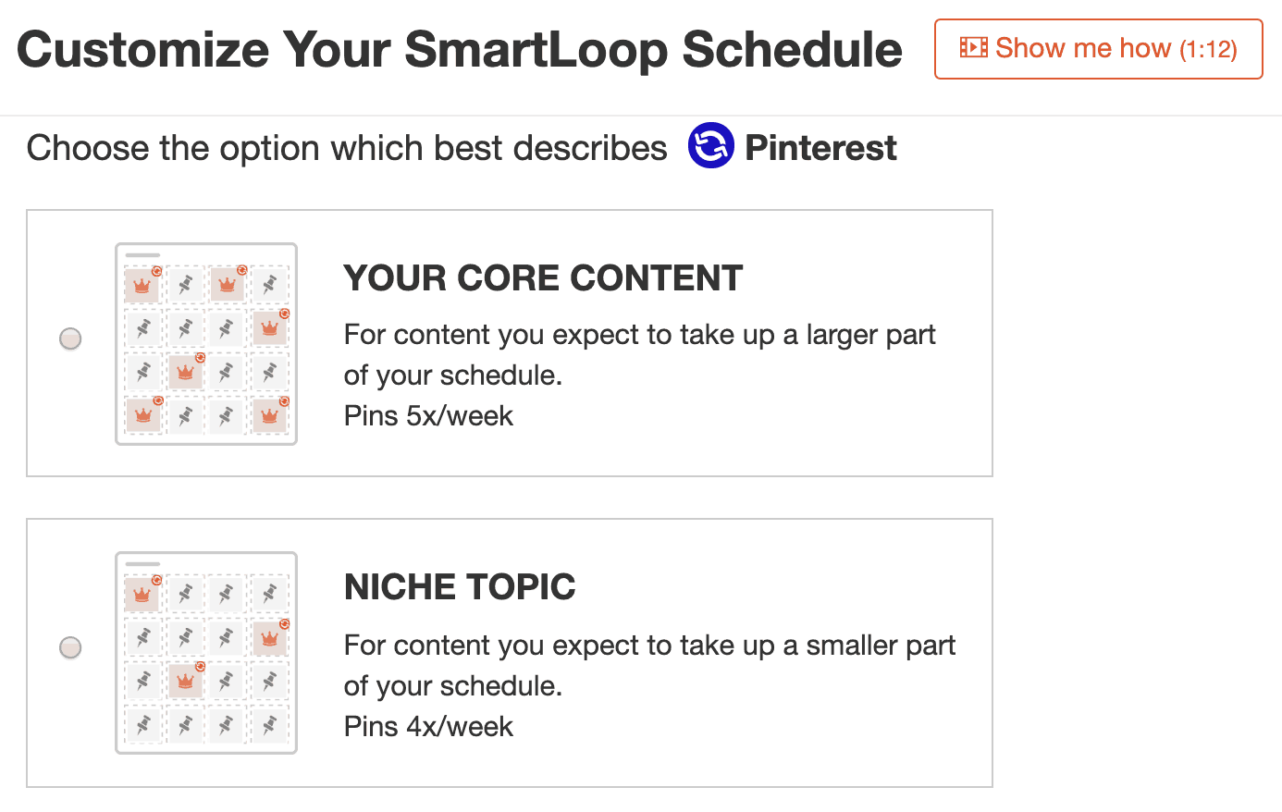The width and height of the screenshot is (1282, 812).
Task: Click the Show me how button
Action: tap(1098, 49)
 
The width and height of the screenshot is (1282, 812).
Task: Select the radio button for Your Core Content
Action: tap(70, 338)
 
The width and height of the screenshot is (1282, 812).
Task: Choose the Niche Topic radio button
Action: tap(70, 647)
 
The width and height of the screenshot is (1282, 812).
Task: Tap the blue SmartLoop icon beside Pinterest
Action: tap(710, 145)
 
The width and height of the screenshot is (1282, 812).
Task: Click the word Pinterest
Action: tap(820, 148)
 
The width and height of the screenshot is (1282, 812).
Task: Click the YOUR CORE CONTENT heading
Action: tap(543, 278)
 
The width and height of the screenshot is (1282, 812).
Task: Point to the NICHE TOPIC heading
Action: tap(460, 587)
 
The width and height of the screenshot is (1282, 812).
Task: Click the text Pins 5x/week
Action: tap(428, 416)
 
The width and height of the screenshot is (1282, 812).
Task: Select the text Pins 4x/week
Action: tap(428, 727)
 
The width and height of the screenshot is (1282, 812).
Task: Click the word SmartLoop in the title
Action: tap(536, 50)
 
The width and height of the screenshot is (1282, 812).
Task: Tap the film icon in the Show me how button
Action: tap(973, 47)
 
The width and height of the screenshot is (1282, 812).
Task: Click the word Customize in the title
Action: tap(143, 49)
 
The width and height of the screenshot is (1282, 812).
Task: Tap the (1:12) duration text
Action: tap(1208, 49)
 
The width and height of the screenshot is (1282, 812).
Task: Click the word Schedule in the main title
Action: tap(792, 49)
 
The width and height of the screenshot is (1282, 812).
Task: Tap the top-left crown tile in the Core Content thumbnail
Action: tap(142, 285)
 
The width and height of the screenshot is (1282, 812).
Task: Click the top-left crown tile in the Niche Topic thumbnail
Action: tap(142, 594)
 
